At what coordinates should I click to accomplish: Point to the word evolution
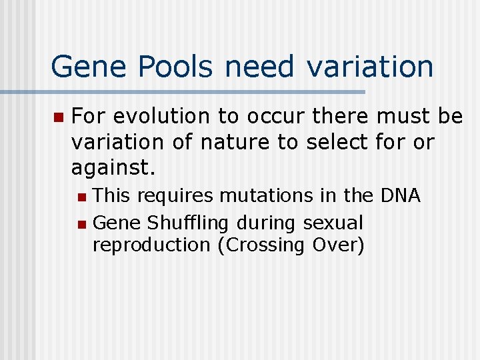pos(163,117)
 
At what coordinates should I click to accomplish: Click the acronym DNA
pos(400,195)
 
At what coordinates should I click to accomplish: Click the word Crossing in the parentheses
pos(261,245)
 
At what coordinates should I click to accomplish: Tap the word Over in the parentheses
pos(338,245)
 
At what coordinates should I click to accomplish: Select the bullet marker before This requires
pos(81,197)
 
